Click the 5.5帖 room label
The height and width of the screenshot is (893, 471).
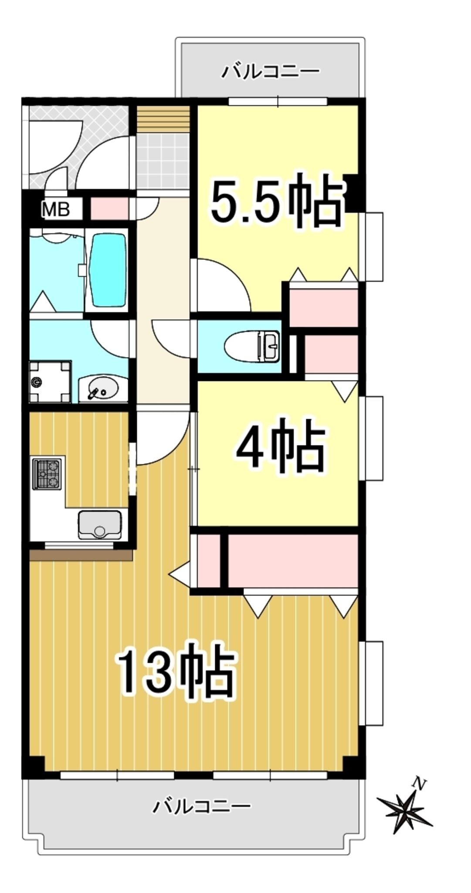(276, 201)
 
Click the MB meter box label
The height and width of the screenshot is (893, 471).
(56, 209)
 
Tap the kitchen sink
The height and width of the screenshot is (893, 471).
(100, 525)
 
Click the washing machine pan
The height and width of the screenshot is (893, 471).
(50, 382)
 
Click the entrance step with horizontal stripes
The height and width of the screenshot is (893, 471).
(164, 118)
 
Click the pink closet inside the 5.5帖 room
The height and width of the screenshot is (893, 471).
(323, 304)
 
